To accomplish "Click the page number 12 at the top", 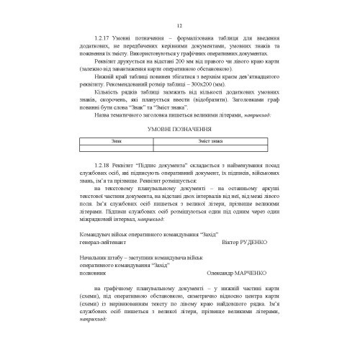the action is [179, 26].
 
